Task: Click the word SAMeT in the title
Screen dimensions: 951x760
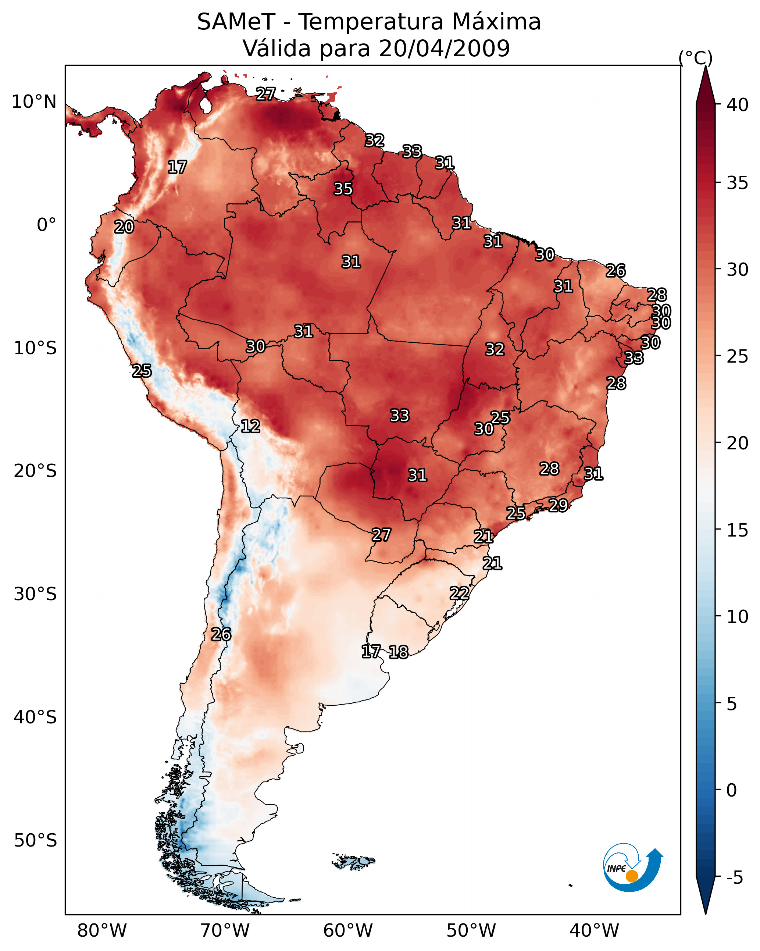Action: pos(236,22)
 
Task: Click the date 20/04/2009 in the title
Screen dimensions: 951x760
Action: pos(444,49)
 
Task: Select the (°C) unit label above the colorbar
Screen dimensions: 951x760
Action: pos(696,58)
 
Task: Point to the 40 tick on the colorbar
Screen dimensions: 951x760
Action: pos(738,105)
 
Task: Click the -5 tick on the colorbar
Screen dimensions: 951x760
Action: pos(734,877)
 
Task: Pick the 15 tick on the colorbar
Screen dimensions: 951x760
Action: pos(738,530)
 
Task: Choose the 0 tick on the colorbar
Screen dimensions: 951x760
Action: pos(731,790)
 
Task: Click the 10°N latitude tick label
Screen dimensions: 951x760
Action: pos(34,102)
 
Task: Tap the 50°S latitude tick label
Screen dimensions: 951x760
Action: pos(35,841)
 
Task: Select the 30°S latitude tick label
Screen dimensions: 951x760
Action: pos(35,594)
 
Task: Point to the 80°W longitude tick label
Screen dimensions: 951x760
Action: pos(102,931)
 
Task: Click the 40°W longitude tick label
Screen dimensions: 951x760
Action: pos(594,931)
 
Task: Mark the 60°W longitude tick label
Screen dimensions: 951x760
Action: pos(348,931)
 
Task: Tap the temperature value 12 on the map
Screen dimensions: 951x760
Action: pos(250,426)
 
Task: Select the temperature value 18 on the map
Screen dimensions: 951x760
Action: pos(399,652)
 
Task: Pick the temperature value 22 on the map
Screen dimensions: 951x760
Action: pos(459,593)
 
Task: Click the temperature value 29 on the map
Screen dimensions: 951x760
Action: pos(558,505)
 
